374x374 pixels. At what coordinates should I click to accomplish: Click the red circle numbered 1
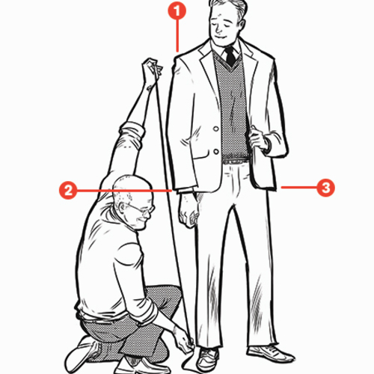point(177,10)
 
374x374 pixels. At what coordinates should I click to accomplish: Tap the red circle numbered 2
point(68,190)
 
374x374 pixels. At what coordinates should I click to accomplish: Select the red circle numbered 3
point(325,187)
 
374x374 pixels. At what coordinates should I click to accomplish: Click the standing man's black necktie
point(230,57)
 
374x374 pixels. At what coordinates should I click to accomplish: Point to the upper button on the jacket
point(216,129)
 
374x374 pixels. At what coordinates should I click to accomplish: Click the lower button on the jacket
point(216,151)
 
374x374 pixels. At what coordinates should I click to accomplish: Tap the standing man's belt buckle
point(236,162)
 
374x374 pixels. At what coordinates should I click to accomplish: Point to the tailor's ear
point(123,208)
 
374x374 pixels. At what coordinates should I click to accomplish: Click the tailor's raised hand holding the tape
point(152,69)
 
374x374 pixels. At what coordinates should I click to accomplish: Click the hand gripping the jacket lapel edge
point(258,139)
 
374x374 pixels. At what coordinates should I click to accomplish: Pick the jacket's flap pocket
point(200,155)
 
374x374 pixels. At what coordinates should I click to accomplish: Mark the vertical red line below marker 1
point(177,36)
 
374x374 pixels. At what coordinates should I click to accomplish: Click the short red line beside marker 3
point(298,187)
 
